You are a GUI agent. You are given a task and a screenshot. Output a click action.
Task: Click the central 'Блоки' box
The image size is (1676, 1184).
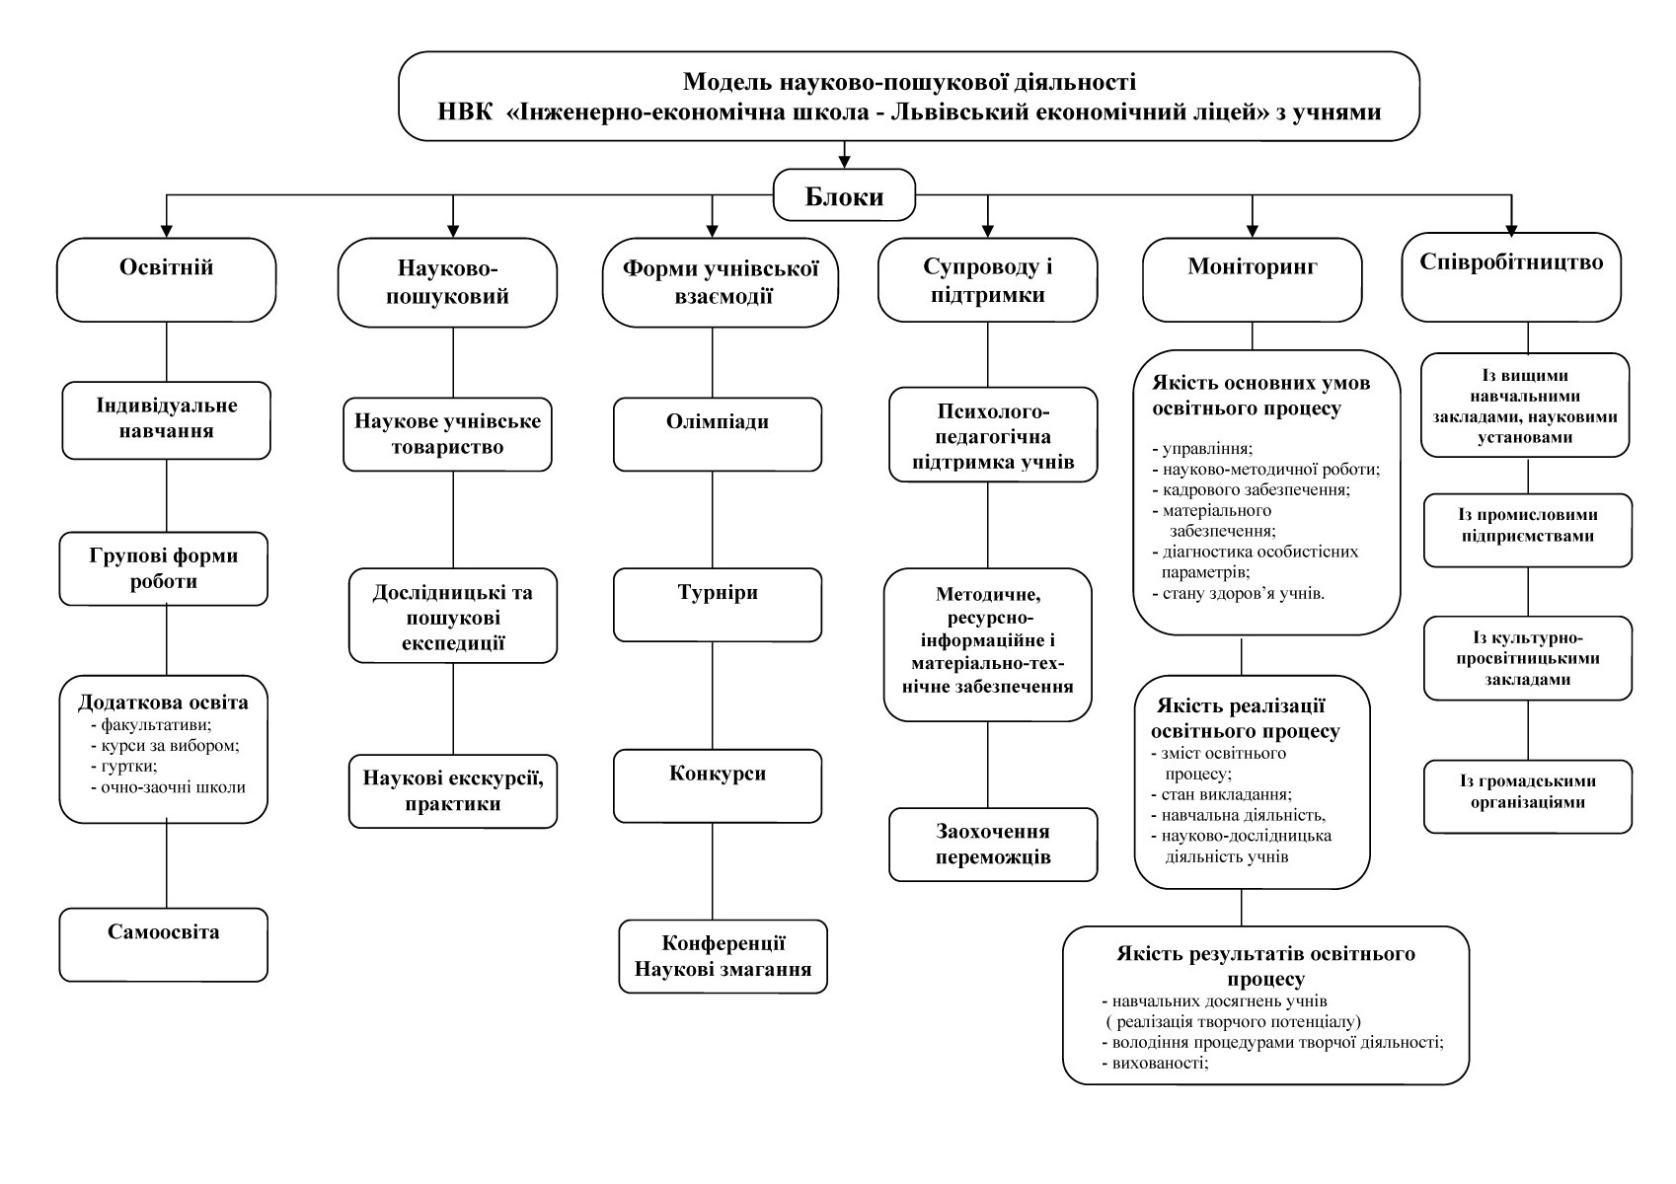844,195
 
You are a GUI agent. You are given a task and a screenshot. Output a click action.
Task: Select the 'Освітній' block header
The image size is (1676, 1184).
166,280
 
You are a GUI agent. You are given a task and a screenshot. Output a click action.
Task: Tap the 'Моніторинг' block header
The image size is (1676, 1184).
1252,280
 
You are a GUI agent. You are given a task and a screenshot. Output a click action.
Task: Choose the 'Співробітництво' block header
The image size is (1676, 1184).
1511,277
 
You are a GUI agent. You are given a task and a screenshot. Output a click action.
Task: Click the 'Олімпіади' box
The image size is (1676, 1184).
718,434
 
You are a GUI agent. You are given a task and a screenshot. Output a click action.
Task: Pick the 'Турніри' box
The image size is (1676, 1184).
718,605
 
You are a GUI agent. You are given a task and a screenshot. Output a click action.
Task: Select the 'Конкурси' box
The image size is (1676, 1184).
718,786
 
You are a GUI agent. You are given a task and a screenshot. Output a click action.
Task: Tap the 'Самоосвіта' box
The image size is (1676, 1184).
163,944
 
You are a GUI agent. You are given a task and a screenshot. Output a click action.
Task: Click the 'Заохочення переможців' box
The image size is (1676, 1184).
993,845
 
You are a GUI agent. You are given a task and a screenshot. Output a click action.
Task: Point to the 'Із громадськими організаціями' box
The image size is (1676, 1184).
1528,796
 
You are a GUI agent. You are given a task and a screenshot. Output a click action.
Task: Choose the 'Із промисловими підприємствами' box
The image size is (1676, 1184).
1528,530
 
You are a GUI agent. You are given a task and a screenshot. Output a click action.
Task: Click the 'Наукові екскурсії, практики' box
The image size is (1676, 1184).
453,791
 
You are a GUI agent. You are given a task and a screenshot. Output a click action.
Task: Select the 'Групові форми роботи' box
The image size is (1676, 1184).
163,568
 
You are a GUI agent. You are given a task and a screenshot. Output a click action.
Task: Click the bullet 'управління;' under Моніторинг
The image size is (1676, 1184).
1202,448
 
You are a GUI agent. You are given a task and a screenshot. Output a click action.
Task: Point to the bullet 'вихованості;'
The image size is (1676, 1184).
1155,1062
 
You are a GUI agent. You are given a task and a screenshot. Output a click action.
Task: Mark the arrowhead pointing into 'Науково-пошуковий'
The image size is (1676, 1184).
453,230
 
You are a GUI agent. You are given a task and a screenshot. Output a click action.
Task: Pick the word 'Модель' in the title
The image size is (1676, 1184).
728,82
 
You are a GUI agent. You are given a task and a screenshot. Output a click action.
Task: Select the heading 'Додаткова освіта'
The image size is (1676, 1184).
163,703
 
